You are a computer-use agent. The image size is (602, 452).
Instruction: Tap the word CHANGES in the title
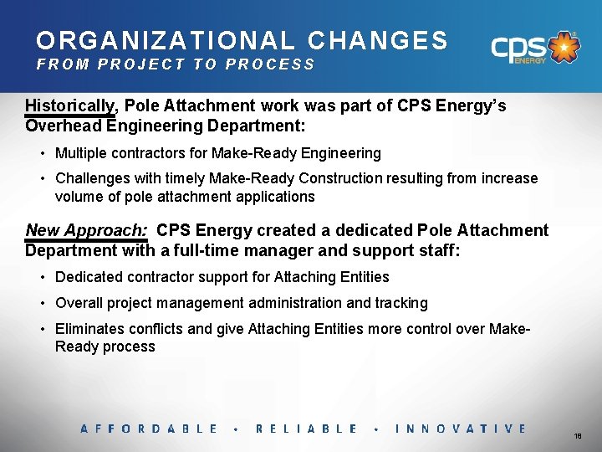378,40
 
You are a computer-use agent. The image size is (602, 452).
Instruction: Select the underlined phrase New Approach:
86,230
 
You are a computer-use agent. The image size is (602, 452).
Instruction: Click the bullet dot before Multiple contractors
42,154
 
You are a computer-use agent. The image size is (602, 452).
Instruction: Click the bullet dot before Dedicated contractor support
42,277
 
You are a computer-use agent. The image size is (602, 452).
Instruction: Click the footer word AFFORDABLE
149,429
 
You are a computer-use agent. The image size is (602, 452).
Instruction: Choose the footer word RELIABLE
307,429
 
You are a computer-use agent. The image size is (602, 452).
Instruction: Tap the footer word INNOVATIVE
461,429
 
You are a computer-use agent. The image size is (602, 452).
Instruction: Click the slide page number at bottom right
578,437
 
